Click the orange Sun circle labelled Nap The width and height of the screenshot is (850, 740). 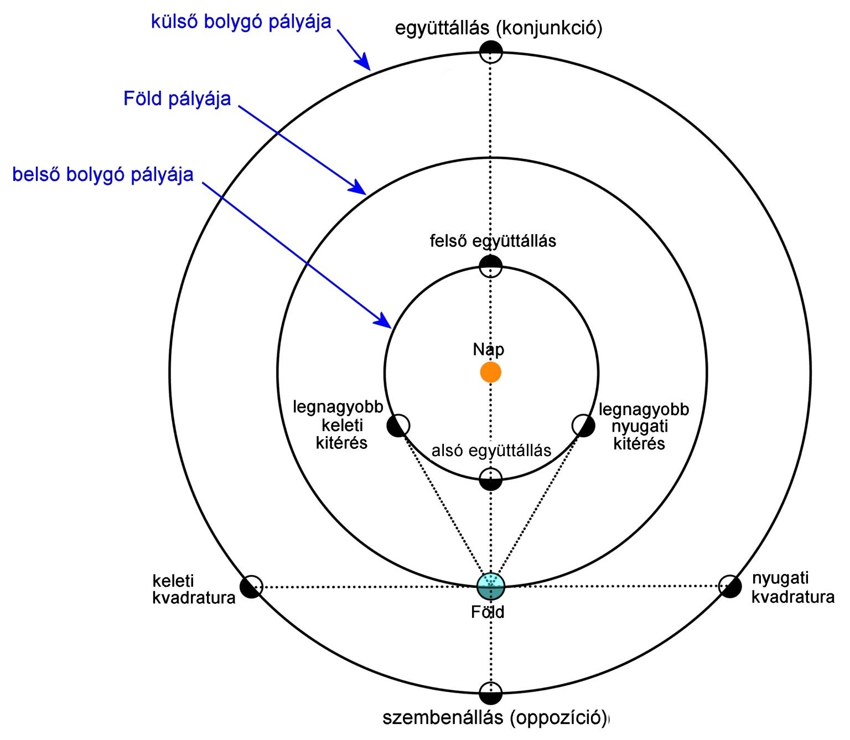[x=490, y=372]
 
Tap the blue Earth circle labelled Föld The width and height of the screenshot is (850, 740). [x=491, y=586]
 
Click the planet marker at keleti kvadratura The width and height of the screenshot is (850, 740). [x=251, y=587]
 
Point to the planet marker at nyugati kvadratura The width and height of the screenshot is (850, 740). [x=730, y=586]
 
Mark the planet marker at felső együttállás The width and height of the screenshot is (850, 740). [x=490, y=266]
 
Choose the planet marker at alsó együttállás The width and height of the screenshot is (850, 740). [x=491, y=479]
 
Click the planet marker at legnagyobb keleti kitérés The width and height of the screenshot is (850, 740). [x=398, y=426]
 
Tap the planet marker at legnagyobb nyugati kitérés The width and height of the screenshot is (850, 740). [x=583, y=426]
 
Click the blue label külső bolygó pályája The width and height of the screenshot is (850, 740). [x=241, y=22]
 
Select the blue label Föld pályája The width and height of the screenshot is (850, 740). [x=177, y=99]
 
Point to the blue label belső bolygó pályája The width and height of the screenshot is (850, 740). [x=103, y=175]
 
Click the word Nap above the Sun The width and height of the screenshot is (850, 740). [x=489, y=349]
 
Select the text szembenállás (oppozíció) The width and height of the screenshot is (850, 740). [x=495, y=718]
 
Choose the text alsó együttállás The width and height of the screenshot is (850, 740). [x=491, y=451]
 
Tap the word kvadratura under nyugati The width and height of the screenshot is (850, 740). [x=792, y=597]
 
